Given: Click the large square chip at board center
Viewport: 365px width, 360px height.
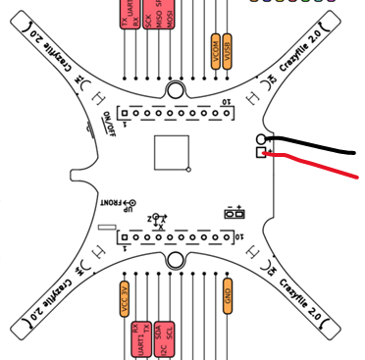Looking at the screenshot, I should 172,153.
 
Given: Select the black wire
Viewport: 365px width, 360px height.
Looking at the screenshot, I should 314,144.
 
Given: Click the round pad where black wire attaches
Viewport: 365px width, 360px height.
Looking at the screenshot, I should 261,139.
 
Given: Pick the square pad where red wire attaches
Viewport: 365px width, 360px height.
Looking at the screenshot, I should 261,153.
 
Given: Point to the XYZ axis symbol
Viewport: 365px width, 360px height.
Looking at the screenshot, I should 157,219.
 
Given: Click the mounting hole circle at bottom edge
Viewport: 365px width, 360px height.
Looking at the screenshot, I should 176,259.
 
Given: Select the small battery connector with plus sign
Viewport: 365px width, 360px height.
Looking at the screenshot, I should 235,212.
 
